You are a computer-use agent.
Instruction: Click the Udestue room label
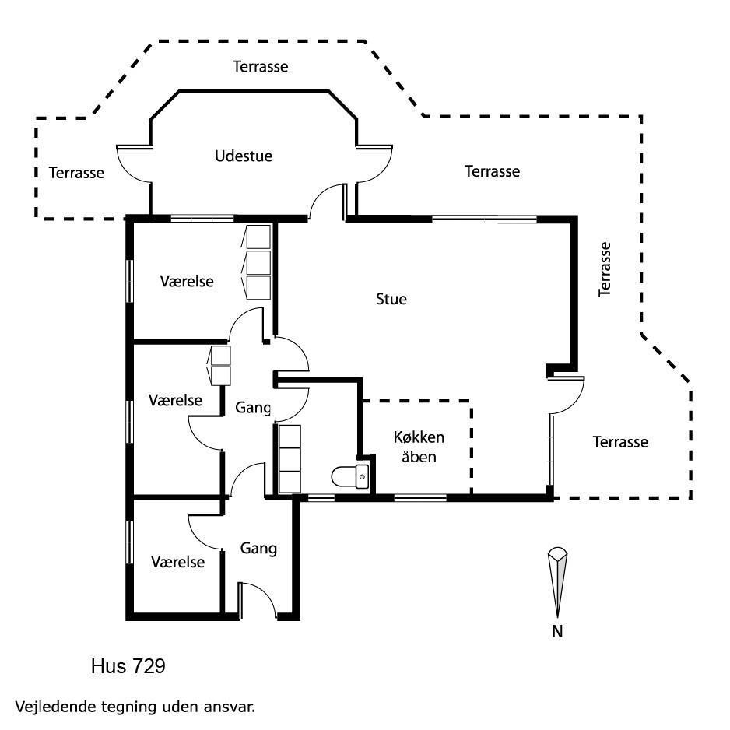pos(244,156)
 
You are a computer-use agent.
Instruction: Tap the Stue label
pos(391,299)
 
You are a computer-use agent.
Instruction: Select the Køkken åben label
pos(419,447)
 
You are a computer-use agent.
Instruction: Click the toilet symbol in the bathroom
pos(350,476)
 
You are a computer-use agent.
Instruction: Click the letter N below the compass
pos(557,631)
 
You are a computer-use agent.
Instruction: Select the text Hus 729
pos(128,666)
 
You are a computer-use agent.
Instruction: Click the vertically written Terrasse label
pos(604,269)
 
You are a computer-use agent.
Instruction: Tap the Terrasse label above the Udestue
pos(260,67)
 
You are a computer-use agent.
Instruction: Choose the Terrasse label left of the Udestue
pos(76,173)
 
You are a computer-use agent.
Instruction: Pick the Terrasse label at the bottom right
pos(620,442)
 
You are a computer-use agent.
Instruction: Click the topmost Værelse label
pos(187,281)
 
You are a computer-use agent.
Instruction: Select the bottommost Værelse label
pos(178,562)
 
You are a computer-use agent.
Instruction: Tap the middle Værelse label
pos(176,400)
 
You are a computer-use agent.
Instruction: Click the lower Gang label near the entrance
pos(258,549)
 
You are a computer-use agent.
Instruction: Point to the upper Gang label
pos(253,408)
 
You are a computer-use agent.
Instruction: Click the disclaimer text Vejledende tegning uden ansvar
pos(135,707)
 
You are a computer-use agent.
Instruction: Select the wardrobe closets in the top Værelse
pos(257,262)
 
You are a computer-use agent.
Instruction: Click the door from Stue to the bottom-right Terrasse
pos(566,395)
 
